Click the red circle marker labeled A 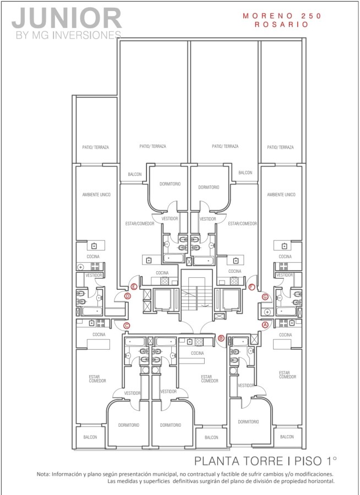click(265, 324)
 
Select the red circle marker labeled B click(221, 338)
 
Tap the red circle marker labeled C click(127, 326)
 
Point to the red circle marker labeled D click(127, 296)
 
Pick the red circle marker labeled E click(134, 287)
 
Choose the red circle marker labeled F click(252, 287)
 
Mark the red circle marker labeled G click(265, 296)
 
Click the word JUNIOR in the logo click(67, 18)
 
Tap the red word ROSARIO click(282, 25)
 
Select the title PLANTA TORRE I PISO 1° click(265, 460)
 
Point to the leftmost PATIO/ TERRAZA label click(95, 147)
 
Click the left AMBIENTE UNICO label click(96, 195)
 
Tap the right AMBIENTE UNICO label click(281, 195)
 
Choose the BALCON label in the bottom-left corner click(90, 437)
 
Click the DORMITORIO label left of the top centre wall click(170, 184)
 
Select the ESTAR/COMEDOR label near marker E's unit click(140, 223)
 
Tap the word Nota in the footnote click(43, 474)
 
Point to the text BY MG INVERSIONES click(69, 35)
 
